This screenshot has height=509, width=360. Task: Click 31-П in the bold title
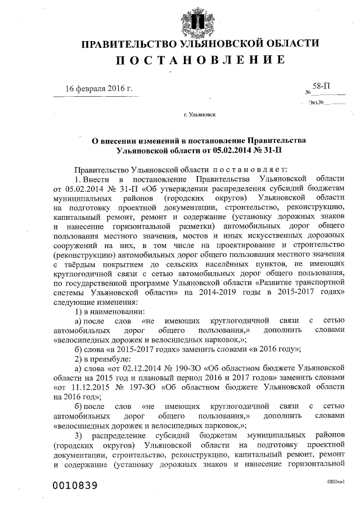point(270,150)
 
